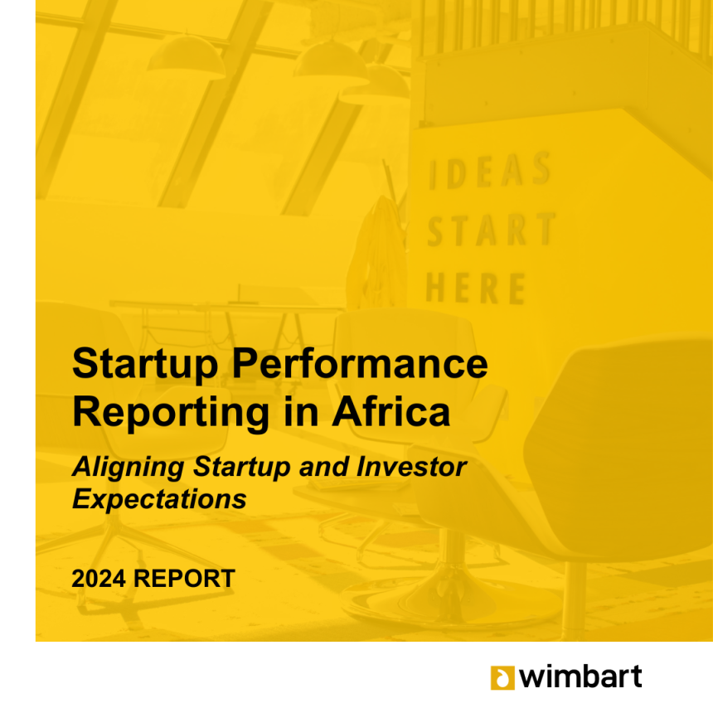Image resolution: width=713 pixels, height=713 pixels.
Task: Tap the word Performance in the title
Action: point(360,363)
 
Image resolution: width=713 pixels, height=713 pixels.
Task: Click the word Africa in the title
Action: point(391,410)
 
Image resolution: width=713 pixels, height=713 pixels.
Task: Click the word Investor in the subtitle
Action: point(411,467)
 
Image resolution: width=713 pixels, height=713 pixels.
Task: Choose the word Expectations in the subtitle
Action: point(160,499)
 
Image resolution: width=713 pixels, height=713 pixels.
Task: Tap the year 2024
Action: point(99,579)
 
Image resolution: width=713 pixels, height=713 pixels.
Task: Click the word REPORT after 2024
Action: point(184,579)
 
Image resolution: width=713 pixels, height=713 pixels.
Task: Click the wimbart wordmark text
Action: point(580,677)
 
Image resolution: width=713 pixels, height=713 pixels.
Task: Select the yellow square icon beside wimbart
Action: point(502,677)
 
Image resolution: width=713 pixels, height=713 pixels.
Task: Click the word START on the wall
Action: point(491,229)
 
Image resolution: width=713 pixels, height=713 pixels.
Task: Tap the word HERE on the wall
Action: point(476,288)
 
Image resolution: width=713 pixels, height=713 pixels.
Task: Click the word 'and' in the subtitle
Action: point(324,467)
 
